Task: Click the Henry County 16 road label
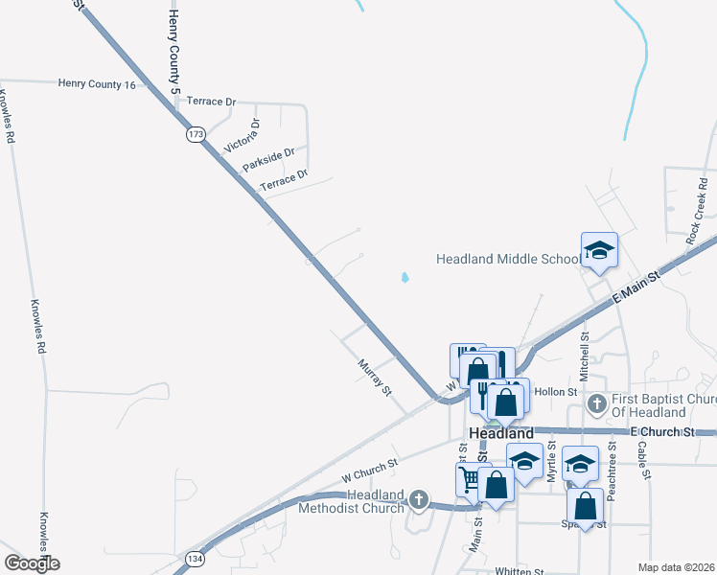97,84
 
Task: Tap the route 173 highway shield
197,134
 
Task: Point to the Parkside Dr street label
268,159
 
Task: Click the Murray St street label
375,378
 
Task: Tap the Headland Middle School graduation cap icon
599,251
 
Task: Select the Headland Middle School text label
508,259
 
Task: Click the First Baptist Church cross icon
597,402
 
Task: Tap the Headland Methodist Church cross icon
418,498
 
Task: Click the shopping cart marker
469,478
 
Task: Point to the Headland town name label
501,433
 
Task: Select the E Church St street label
662,432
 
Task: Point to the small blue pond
405,279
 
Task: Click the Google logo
32,563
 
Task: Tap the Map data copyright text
676,567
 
